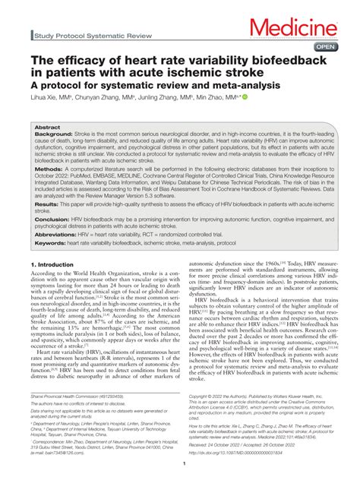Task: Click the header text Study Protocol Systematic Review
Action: click(83, 35)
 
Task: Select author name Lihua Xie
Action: click(45, 99)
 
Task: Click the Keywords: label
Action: click(51, 243)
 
